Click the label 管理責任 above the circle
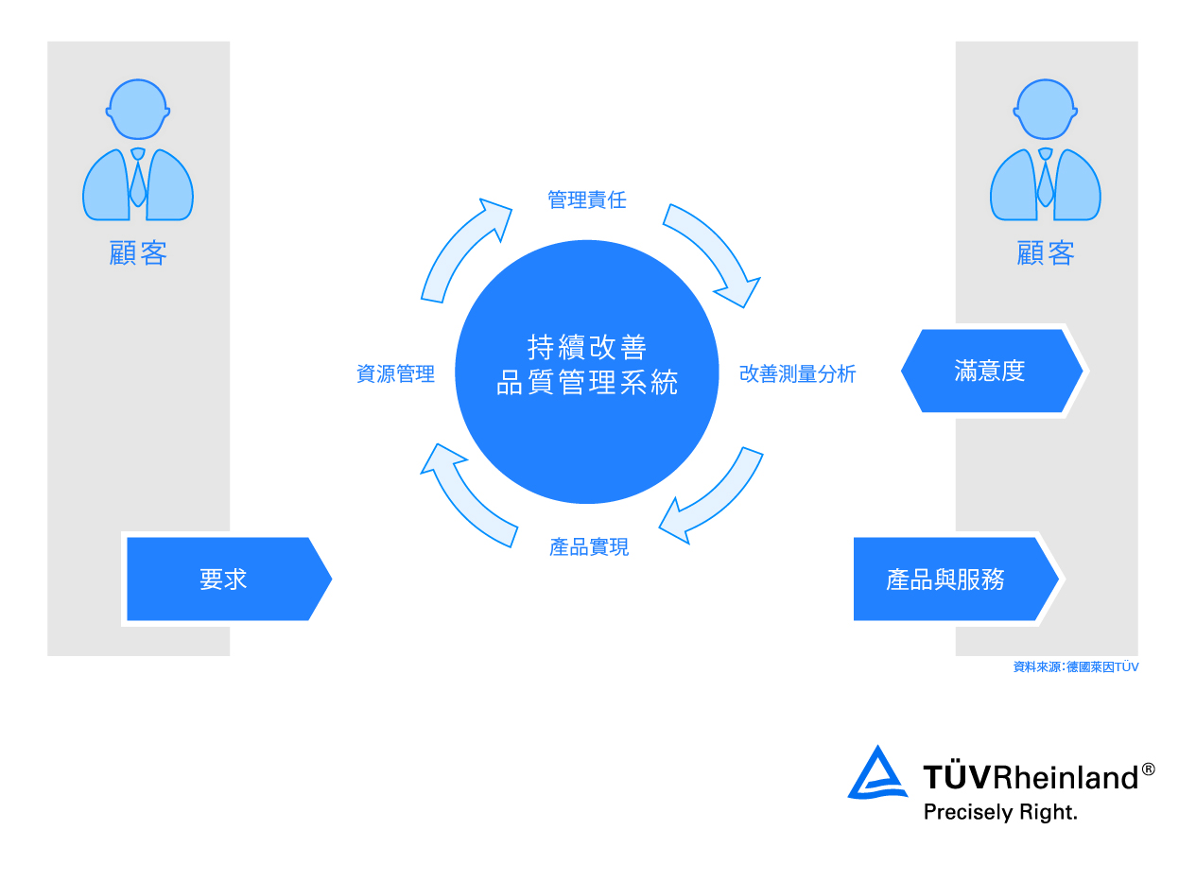(586, 200)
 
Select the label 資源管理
(395, 374)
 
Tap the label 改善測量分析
(797, 374)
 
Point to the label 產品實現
(588, 547)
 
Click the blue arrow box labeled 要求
(225, 579)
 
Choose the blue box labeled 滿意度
(990, 371)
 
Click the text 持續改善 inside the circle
(586, 347)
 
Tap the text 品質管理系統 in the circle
(586, 383)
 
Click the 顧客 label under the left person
(138, 253)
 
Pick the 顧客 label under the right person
(1046, 253)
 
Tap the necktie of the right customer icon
(1046, 182)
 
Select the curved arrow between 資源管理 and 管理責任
(461, 251)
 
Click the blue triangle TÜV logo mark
(877, 774)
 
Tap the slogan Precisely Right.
(999, 812)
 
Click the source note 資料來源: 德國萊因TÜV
(1075, 667)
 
